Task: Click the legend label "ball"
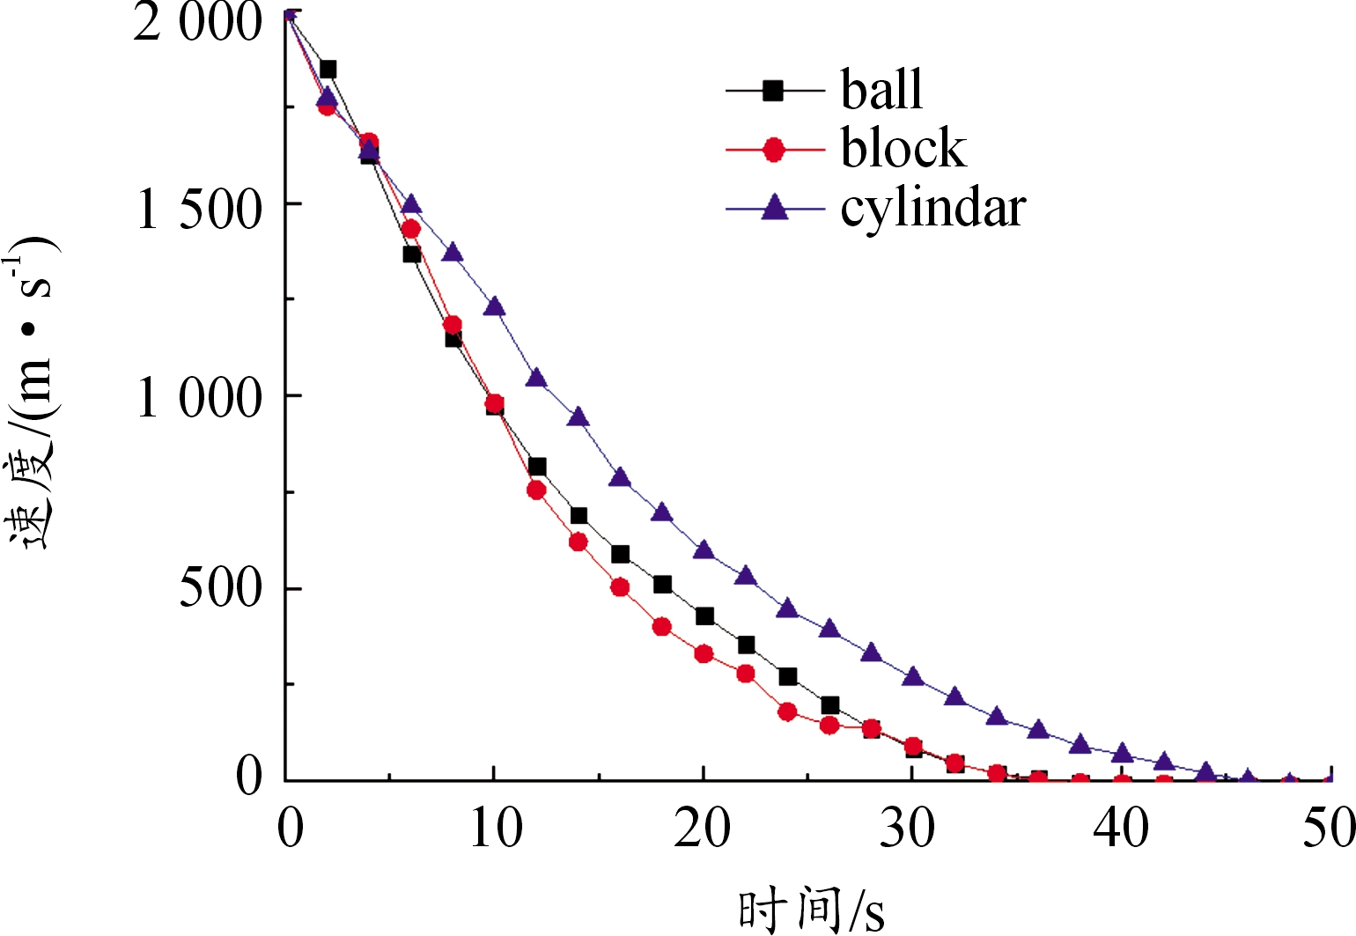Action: (881, 89)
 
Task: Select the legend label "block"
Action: (903, 148)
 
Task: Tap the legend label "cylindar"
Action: (933, 210)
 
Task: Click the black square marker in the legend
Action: (773, 90)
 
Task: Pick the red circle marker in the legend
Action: (774, 151)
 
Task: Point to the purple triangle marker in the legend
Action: (775, 209)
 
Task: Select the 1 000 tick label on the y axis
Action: (199, 397)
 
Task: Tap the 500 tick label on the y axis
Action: (220, 587)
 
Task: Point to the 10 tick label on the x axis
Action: (495, 829)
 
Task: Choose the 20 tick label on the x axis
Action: (703, 829)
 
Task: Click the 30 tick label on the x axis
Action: (908, 829)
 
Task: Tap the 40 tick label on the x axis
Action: (1120, 829)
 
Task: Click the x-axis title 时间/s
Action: (811, 910)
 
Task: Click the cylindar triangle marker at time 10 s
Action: (494, 306)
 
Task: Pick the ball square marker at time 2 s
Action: (328, 70)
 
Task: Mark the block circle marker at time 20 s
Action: (704, 654)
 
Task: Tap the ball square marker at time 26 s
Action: (829, 705)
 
